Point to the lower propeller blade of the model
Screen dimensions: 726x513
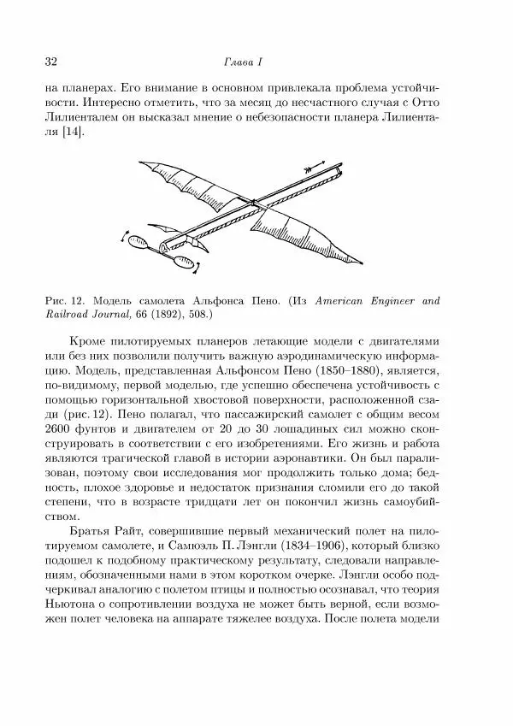coord(183,263)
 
